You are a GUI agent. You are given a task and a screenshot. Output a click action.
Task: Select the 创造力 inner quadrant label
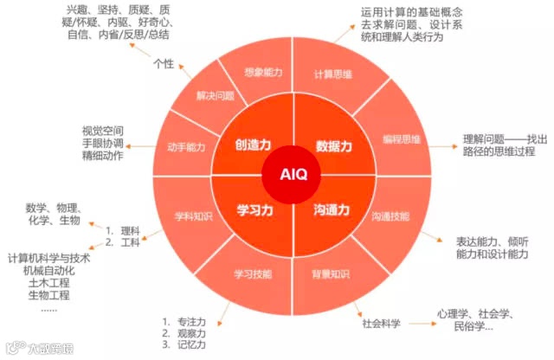pyautogui.click(x=254, y=145)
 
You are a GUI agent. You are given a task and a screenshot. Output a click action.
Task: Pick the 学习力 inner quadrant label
pyautogui.click(x=254, y=209)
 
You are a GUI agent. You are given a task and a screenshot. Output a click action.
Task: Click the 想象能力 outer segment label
pyautogui.click(x=264, y=74)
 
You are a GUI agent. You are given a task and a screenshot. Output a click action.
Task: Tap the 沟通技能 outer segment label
pyautogui.click(x=390, y=214)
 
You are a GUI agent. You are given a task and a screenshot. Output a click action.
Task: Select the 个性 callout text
pyautogui.click(x=164, y=63)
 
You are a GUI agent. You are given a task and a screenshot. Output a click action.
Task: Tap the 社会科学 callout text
pyautogui.click(x=382, y=324)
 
